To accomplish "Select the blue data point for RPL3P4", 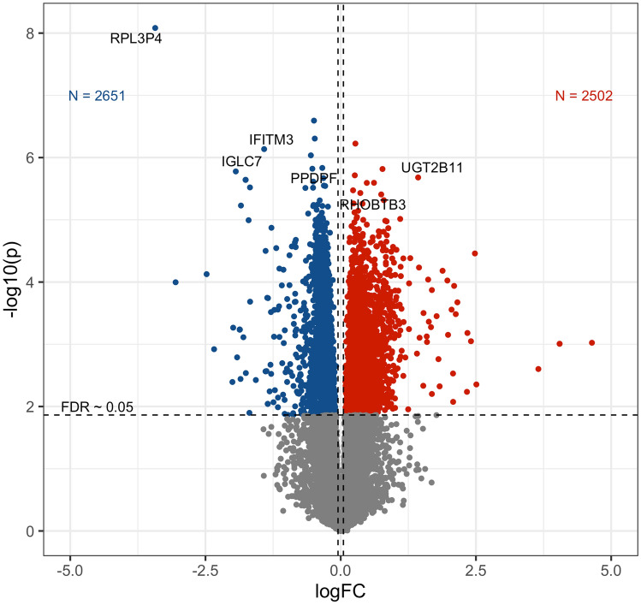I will point(155,28).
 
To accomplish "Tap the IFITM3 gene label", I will point(271,139).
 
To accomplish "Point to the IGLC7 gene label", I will point(241,162).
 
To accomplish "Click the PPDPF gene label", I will point(313,178).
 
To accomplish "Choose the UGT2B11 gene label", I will point(432,168).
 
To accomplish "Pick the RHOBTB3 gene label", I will point(372,205).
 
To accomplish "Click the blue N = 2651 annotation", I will point(97,96).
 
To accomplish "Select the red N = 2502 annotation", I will point(584,96).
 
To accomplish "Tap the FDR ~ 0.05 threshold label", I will point(96,406).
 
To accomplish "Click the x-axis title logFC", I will point(341,590).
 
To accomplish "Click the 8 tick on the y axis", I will point(29,33).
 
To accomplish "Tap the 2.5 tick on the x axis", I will point(476,568).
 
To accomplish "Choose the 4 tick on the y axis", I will point(29,282).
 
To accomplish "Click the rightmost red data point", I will point(591,343).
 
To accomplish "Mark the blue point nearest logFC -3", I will point(175,282).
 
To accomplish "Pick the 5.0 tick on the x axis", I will point(611,568).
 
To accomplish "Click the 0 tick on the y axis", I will point(29,531).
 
